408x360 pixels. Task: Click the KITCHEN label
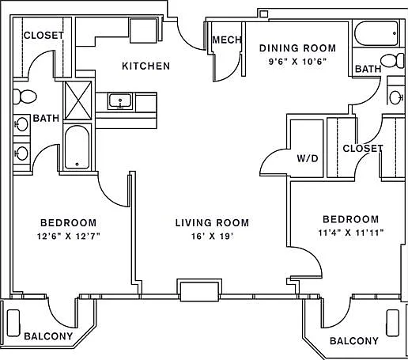[x=145, y=66]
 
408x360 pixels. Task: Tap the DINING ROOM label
[x=298, y=48]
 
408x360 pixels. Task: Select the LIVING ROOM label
[x=212, y=223]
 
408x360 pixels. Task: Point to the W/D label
[x=308, y=158]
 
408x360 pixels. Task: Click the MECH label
[x=227, y=40]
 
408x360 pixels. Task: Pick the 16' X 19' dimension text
[x=213, y=236]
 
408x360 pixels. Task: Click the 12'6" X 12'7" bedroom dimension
[x=69, y=236]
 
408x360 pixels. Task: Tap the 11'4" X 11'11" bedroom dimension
[x=351, y=233]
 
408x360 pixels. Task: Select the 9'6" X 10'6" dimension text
[x=297, y=62]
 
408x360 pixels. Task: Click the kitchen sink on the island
[x=120, y=101]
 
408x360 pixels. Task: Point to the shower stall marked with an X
[x=77, y=100]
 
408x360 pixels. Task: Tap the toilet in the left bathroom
[x=25, y=97]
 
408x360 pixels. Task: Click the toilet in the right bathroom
[x=392, y=60]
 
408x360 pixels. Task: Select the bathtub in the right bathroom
[x=376, y=33]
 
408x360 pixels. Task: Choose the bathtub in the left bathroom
[x=77, y=147]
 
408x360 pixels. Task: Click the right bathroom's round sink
[x=395, y=97]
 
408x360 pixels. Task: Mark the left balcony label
[x=48, y=336]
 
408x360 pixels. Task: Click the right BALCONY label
[x=354, y=341]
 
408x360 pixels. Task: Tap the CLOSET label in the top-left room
[x=43, y=35]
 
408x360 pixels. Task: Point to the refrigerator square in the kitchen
[x=143, y=30]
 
